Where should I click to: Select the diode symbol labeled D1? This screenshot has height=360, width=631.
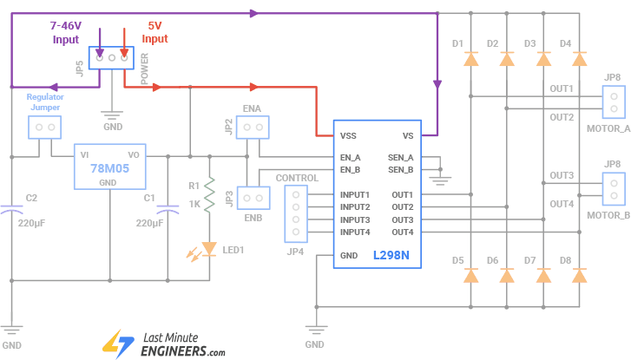pyautogui.click(x=470, y=59)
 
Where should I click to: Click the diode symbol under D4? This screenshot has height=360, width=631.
pyautogui.click(x=579, y=59)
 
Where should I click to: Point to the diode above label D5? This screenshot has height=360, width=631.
pyautogui.click(x=470, y=276)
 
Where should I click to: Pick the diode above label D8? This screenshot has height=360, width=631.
pyautogui.click(x=579, y=276)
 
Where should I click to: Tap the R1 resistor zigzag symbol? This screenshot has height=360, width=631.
pyautogui.click(x=209, y=195)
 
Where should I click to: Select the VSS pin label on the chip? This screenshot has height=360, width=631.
pyautogui.click(x=349, y=136)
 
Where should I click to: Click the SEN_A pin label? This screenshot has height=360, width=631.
pyautogui.click(x=400, y=157)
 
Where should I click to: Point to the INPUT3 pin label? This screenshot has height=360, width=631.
pyautogui.click(x=355, y=219)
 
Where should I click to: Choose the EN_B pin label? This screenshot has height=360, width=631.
pyautogui.click(x=352, y=169)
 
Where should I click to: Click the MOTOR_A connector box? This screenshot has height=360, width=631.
pyautogui.click(x=614, y=101)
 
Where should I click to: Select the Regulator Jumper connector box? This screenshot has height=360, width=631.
pyautogui.click(x=44, y=128)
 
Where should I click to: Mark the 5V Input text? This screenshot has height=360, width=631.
pyautogui.click(x=154, y=33)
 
